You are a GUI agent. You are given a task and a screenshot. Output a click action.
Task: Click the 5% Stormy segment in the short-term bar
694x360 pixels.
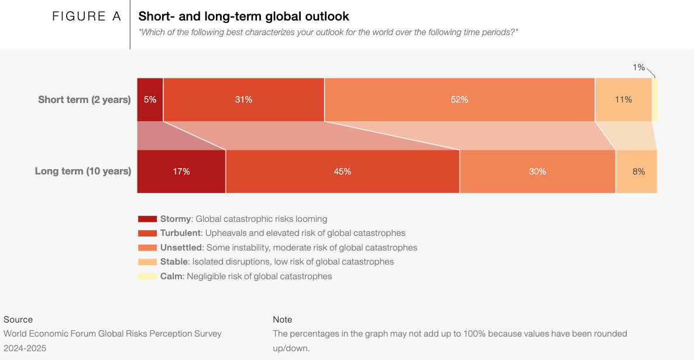coord(150,100)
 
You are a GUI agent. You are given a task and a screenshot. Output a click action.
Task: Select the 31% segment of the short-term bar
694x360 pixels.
coord(243,100)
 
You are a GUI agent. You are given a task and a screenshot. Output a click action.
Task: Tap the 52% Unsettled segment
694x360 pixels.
coord(459,100)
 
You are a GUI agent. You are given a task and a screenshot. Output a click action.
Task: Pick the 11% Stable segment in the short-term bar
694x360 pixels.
coord(623,100)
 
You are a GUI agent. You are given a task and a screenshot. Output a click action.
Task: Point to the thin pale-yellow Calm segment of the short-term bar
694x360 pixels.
coord(655,100)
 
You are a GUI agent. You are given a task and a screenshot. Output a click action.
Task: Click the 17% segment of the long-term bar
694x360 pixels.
coord(181,172)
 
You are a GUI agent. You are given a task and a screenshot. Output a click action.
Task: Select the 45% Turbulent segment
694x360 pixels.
coord(342,172)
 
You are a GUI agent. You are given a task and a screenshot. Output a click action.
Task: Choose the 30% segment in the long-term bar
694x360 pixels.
coord(537,172)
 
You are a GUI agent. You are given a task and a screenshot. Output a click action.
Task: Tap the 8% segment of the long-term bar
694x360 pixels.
coord(638,172)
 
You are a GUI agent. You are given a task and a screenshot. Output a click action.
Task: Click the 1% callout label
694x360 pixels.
coord(638,67)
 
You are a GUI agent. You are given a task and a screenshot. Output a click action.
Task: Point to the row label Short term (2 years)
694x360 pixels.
coord(84,100)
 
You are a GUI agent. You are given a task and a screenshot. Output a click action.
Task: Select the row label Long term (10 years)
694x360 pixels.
coord(83,172)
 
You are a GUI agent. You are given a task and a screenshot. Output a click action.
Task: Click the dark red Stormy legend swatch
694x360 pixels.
coord(147,219)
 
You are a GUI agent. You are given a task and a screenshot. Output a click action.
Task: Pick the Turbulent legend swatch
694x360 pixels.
coord(147,233)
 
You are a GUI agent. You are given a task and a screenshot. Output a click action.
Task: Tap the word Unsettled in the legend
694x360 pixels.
coord(181,248)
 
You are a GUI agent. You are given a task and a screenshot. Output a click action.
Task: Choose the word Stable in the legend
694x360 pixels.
coord(174,262)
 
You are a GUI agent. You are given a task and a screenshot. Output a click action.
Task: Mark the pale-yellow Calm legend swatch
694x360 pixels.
coord(147,276)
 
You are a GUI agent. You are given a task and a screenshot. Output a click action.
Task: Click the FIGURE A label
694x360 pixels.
coord(87,16)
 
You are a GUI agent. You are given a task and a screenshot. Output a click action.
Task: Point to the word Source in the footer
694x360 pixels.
coord(18,320)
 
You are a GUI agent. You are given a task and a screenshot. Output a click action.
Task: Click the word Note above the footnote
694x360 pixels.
coord(283,320)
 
